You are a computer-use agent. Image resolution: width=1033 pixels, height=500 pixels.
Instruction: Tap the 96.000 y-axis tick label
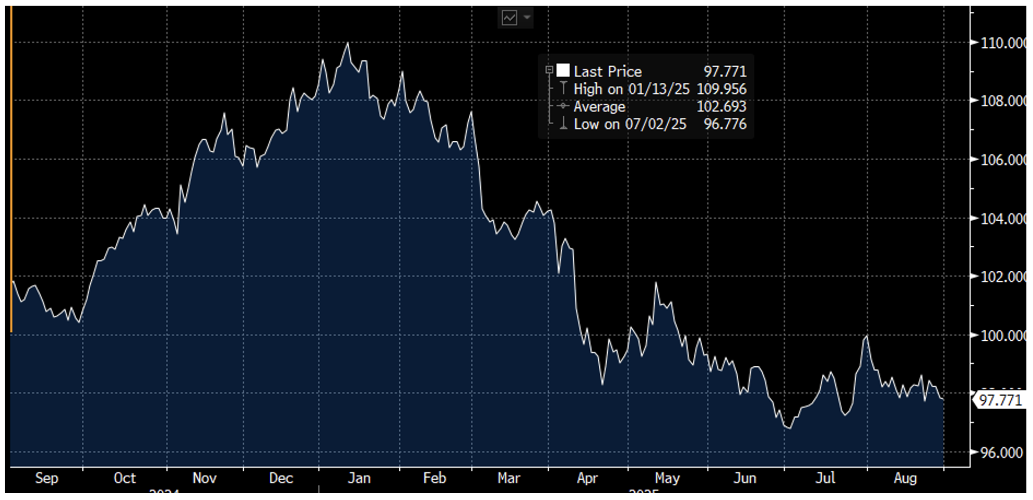1001,453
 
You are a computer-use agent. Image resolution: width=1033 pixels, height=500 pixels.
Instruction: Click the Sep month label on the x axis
47,478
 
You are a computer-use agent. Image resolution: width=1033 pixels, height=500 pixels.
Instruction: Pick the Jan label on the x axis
359,478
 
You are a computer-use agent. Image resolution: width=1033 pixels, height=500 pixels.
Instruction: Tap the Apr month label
587,478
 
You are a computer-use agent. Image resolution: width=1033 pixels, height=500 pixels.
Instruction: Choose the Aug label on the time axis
905,478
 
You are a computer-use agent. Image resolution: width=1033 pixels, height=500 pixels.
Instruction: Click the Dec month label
281,478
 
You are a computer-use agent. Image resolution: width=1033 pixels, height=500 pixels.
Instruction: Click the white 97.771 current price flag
1000,400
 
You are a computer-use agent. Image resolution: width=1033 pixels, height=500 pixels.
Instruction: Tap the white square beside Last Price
563,70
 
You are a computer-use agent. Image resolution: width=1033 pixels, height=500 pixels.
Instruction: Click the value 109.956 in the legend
721,89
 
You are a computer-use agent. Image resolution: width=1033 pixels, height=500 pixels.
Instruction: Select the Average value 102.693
721,106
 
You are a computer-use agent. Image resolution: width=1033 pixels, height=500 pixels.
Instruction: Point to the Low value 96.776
725,124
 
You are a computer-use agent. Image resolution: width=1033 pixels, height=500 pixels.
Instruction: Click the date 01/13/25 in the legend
658,89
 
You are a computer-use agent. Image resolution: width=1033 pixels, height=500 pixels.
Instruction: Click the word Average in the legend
599,106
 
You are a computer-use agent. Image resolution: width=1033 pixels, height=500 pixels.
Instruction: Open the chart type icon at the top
509,18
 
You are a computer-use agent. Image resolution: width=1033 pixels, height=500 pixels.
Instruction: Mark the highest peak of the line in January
348,43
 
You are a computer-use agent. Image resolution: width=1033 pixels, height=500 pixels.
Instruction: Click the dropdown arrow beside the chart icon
527,18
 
